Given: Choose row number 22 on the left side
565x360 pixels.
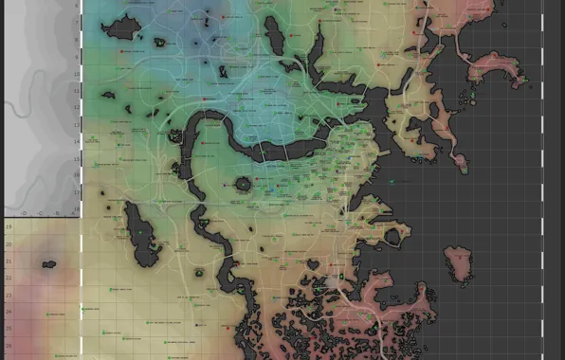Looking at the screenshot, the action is pos(9,277).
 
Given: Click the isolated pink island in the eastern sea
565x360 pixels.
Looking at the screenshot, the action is pos(459,263).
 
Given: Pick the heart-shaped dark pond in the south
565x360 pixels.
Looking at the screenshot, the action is pos(312,263).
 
